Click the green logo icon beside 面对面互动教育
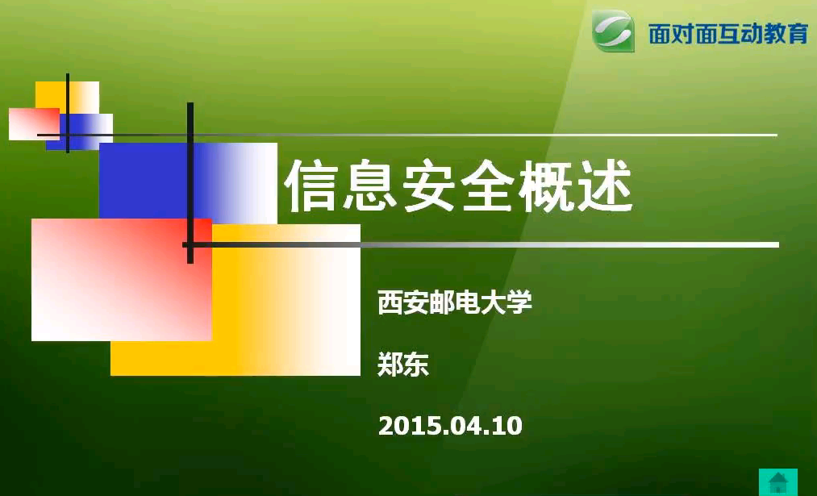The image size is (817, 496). (x=613, y=31)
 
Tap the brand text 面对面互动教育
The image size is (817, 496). (x=728, y=33)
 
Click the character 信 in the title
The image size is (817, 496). (x=312, y=185)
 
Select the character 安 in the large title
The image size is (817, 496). (x=429, y=185)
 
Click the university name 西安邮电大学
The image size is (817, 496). (x=455, y=302)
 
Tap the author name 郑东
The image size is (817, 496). (x=403, y=365)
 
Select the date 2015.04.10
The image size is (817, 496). (x=450, y=426)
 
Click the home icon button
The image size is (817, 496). (x=778, y=481)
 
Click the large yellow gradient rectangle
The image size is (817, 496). (x=236, y=299)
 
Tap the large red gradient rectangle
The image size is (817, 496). (x=122, y=280)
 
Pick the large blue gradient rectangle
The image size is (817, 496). (x=188, y=183)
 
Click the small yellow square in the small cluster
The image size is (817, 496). (x=67, y=98)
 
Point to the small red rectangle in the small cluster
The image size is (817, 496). (x=35, y=124)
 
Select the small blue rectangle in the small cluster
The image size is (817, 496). (x=80, y=131)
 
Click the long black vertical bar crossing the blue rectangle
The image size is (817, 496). (x=190, y=183)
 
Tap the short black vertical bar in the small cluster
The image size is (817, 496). (x=68, y=113)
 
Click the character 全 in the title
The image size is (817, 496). (x=487, y=185)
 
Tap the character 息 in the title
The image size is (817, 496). (x=370, y=185)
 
